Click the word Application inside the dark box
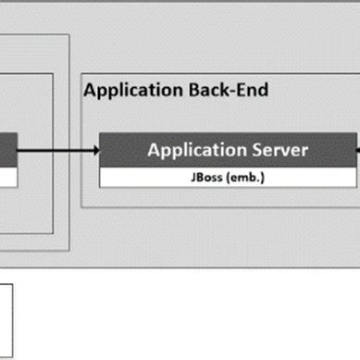(x=193, y=149)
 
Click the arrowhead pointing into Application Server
(x=94, y=148)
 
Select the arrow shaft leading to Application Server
(x=56, y=148)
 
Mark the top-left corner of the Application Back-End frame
(x=81, y=73)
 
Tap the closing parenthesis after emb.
(x=265, y=176)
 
